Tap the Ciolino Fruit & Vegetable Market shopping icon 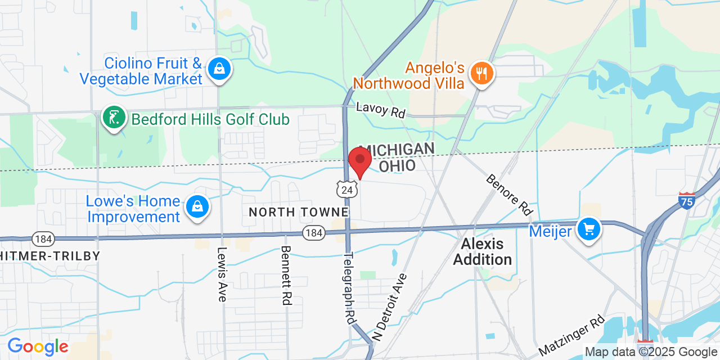point(219,70)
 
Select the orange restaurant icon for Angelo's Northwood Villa point(481,74)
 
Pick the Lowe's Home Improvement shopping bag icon point(197,207)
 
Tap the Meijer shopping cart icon point(589,229)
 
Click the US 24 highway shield point(347,190)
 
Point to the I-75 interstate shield point(687,200)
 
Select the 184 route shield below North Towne point(313,232)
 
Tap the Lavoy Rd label point(381,109)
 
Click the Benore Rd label point(509,195)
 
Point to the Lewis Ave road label point(222,274)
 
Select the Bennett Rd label point(286,275)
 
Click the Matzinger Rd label point(571,335)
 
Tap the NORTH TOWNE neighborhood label point(299,212)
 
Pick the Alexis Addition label point(483,251)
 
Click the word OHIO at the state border point(397,165)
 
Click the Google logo point(38,346)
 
